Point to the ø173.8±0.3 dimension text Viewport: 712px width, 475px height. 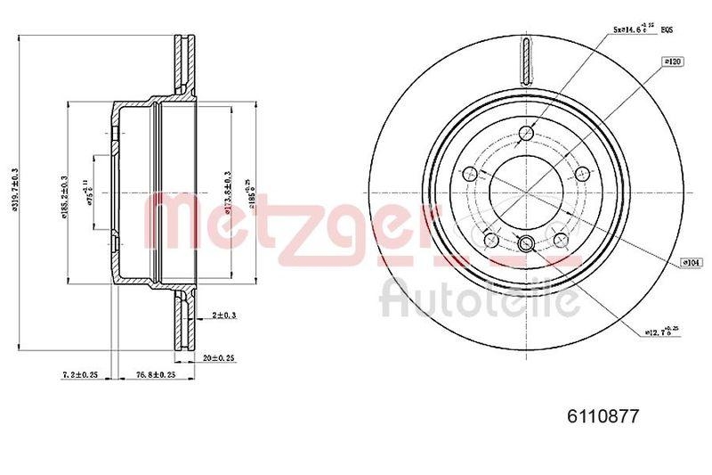coord(228,191)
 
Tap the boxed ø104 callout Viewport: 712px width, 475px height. coord(690,262)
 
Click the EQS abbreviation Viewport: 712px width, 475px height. coord(667,30)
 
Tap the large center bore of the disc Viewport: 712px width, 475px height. coord(525,192)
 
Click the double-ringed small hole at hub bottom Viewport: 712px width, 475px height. coord(525,244)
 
